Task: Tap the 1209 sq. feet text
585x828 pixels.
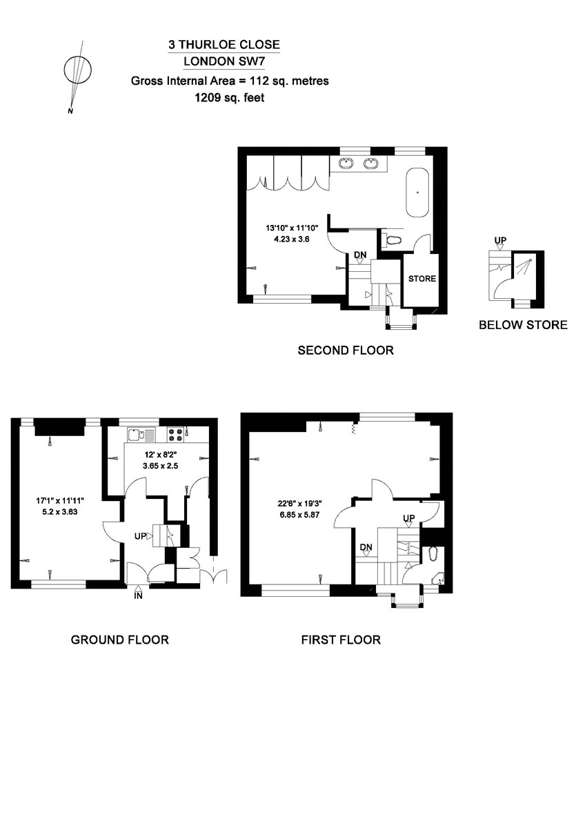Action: [x=230, y=98]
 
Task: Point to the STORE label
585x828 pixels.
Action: [x=422, y=279]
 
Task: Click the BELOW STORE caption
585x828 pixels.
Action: [x=523, y=325]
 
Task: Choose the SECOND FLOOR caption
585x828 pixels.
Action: [x=345, y=351]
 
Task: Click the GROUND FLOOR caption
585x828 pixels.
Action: [x=120, y=640]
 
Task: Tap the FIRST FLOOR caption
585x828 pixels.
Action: [x=341, y=640]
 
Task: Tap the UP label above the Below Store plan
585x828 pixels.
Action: [x=500, y=241]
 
